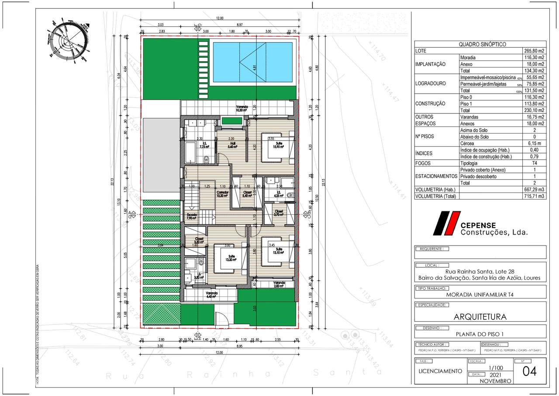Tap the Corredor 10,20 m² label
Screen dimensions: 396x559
point(223,194)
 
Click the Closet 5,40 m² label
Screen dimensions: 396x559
point(247,194)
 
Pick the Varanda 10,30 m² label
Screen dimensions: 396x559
point(242,109)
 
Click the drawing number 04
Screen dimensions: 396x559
point(529,371)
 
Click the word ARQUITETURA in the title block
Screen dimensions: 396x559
point(480,316)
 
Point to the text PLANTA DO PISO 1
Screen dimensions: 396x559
point(480,334)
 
